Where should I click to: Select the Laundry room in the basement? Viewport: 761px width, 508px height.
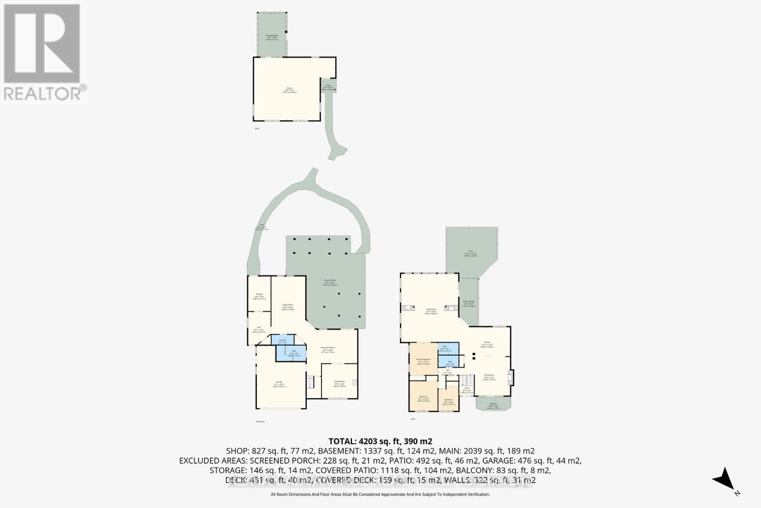point(283,340)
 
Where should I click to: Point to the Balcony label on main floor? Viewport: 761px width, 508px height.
point(493,405)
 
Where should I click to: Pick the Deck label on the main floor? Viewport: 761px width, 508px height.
point(471,253)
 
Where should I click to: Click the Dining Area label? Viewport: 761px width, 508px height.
point(489,376)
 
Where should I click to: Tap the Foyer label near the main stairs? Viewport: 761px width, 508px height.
point(467,389)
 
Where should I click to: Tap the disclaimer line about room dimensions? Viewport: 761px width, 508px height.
point(380,495)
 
